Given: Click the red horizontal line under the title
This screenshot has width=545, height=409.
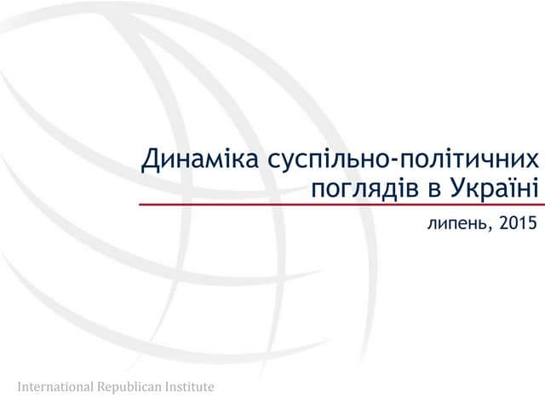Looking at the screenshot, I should pyautogui.click(x=341, y=205).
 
